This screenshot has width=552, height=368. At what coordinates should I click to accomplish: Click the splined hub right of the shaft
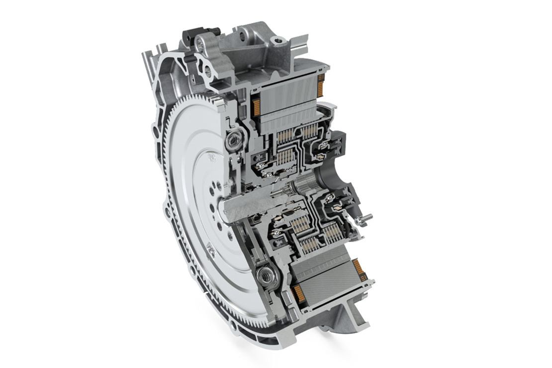[304, 188]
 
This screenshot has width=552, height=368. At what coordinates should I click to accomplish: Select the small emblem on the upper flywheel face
[212, 159]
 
